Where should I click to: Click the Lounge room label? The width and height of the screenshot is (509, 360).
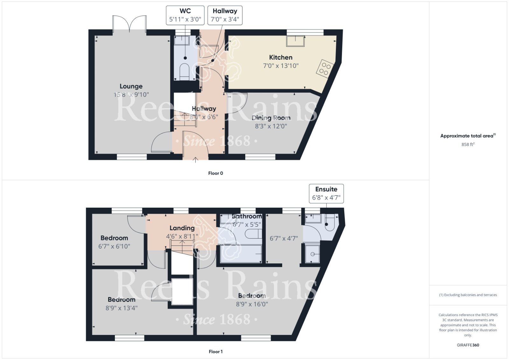[x=131, y=86]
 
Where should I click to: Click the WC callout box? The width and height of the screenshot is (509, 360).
[x=185, y=15]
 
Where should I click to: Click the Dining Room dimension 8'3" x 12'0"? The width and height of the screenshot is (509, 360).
[x=271, y=126]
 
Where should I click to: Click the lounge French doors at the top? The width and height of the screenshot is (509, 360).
[x=130, y=24]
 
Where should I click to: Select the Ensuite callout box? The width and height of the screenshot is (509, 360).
[x=326, y=193]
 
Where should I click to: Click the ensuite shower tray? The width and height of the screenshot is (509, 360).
[x=312, y=253]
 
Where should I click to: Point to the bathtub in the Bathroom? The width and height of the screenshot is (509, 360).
[x=241, y=253]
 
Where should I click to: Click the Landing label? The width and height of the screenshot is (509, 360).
[x=182, y=228]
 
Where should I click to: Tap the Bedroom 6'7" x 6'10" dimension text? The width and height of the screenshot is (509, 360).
[x=114, y=246]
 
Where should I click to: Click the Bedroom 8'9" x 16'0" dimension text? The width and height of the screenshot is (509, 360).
[x=252, y=304]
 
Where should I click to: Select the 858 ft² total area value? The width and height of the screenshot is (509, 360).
[x=468, y=144]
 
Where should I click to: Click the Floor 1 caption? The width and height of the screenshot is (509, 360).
[x=216, y=351]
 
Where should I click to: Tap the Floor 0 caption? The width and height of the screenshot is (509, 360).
[x=216, y=173]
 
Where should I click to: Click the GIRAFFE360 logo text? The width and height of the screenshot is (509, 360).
[x=468, y=345]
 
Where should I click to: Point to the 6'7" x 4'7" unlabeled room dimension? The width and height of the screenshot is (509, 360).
[x=283, y=238]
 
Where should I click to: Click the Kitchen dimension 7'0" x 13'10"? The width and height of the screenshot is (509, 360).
[x=281, y=66]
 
